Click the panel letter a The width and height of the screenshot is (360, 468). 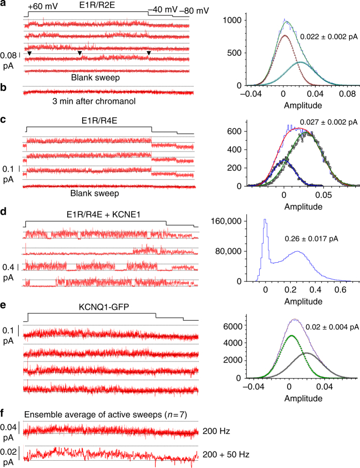coord(4,4)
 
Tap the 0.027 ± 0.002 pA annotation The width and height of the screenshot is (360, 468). coord(327,122)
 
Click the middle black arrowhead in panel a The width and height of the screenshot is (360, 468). coord(80,54)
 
